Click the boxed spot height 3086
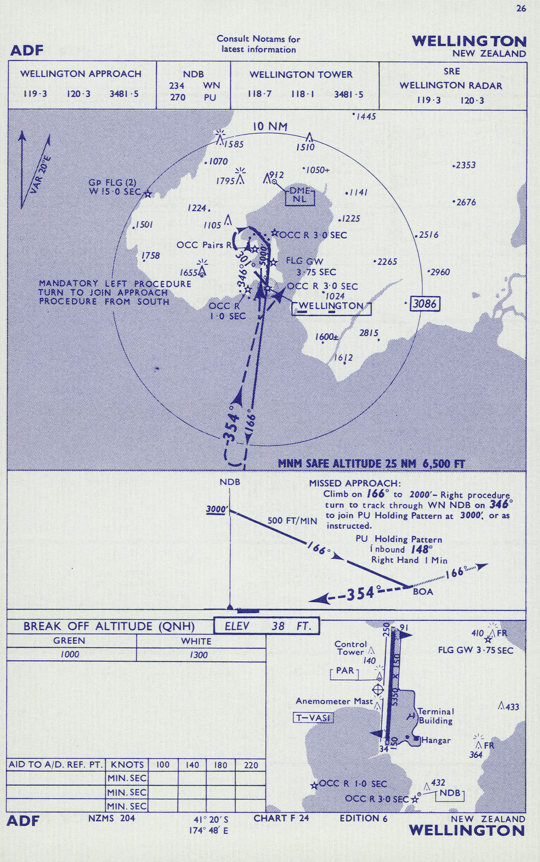coord(425,304)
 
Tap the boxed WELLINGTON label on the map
coord(331,306)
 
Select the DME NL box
coord(300,196)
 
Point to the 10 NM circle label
coord(270,126)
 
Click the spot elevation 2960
coord(440,272)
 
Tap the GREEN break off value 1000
coord(70,654)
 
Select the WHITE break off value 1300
coord(199,654)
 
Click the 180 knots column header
coord(221,765)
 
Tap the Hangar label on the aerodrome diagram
coord(436,740)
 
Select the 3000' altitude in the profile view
coord(216,509)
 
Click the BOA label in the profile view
coord(423,592)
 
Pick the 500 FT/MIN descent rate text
coord(292,521)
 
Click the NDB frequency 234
coord(177,86)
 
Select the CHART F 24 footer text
coord(281,818)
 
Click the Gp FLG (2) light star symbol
coord(148,194)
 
